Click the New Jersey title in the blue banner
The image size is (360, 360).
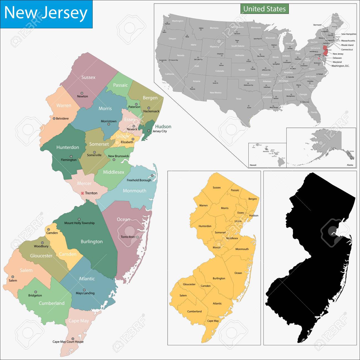46,13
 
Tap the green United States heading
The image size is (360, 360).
264,9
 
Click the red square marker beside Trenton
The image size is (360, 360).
82,193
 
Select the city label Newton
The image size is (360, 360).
83,96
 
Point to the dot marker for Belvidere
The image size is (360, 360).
54,119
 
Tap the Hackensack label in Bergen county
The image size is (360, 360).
151,111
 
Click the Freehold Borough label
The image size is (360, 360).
139,180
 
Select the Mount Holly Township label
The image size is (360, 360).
79,223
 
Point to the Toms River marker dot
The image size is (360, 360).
137,237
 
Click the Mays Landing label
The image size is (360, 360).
85,293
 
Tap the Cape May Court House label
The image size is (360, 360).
68,342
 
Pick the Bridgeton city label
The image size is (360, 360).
35,295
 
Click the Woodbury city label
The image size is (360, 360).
41,246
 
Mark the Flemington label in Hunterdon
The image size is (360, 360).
69,160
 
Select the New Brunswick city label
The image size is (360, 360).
119,156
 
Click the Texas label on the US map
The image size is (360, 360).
238,99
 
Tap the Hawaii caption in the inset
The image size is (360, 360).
253,165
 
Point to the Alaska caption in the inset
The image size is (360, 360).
350,165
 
